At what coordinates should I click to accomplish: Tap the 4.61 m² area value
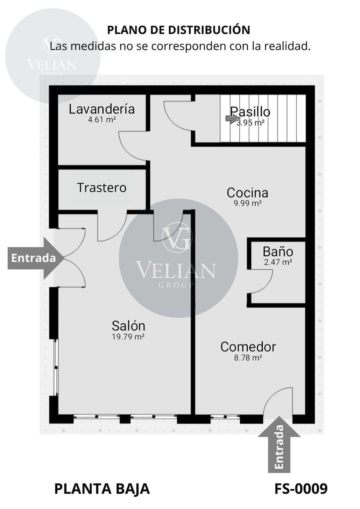pyautogui.click(x=102, y=119)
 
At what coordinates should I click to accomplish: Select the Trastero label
pyautogui.click(x=102, y=188)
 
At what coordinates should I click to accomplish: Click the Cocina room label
pyautogui.click(x=247, y=193)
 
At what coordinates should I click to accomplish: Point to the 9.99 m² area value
pyautogui.click(x=248, y=203)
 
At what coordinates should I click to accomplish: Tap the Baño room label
pyautogui.click(x=278, y=252)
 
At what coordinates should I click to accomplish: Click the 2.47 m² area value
pyautogui.click(x=278, y=262)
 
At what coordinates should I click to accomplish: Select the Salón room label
pyautogui.click(x=128, y=326)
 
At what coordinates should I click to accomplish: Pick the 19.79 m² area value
pyautogui.click(x=128, y=337)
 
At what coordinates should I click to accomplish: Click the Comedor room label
pyautogui.click(x=248, y=347)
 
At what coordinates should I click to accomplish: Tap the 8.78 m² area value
pyautogui.click(x=248, y=358)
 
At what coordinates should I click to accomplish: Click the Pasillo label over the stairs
pyautogui.click(x=250, y=112)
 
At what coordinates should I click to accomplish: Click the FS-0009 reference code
pyautogui.click(x=301, y=488)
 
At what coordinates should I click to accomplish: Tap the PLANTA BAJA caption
pyautogui.click(x=102, y=489)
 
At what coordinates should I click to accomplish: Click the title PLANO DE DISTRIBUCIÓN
pyautogui.click(x=179, y=30)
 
